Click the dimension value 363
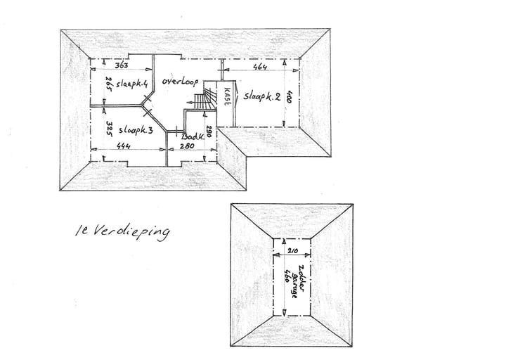click(x=122, y=65)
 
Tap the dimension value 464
click(x=260, y=67)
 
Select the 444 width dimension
click(x=123, y=146)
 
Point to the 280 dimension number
click(x=187, y=146)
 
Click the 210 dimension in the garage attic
click(x=292, y=250)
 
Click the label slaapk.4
click(x=132, y=84)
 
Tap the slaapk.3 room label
click(x=136, y=130)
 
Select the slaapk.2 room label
click(x=262, y=96)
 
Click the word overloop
click(x=180, y=81)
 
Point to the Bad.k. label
click(x=193, y=136)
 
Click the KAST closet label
click(x=227, y=96)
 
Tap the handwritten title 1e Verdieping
click(x=122, y=231)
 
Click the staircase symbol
click(x=205, y=96)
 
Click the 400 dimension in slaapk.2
click(x=289, y=97)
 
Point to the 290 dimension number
click(x=209, y=131)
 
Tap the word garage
click(x=294, y=285)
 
